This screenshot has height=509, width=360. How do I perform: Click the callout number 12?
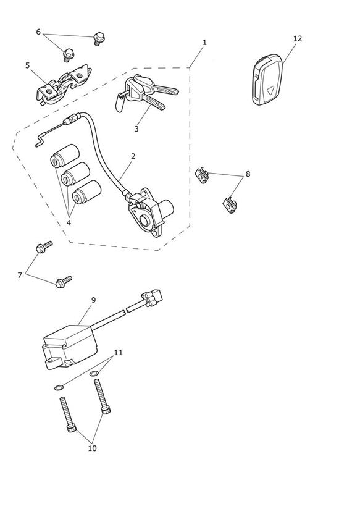point(298,39)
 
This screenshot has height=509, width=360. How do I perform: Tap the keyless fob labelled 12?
point(267,80)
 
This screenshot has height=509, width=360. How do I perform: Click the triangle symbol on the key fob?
point(269,91)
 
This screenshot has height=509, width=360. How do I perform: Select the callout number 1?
point(204,42)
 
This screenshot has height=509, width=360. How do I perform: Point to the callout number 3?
point(136,129)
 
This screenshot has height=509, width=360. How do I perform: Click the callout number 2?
point(133,156)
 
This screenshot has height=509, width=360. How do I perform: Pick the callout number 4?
point(69,222)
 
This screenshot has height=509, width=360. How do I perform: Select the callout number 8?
point(248,174)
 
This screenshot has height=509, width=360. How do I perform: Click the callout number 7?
point(20,276)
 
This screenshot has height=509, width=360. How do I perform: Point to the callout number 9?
point(93,300)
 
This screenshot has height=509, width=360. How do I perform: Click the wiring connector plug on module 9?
point(152,297)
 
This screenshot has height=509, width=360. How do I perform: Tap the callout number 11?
point(119,353)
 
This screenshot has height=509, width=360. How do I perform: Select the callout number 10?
point(92,448)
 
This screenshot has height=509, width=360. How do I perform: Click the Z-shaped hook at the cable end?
point(40,141)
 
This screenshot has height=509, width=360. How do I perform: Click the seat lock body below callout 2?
point(150,212)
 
